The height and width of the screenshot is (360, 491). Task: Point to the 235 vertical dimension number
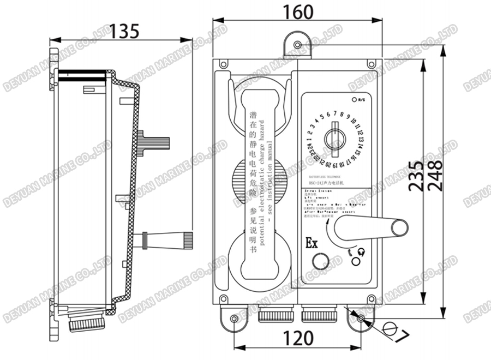(x=416, y=176)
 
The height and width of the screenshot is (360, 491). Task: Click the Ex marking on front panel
(x=312, y=243)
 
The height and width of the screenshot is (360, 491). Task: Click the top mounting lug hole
(x=297, y=44)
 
